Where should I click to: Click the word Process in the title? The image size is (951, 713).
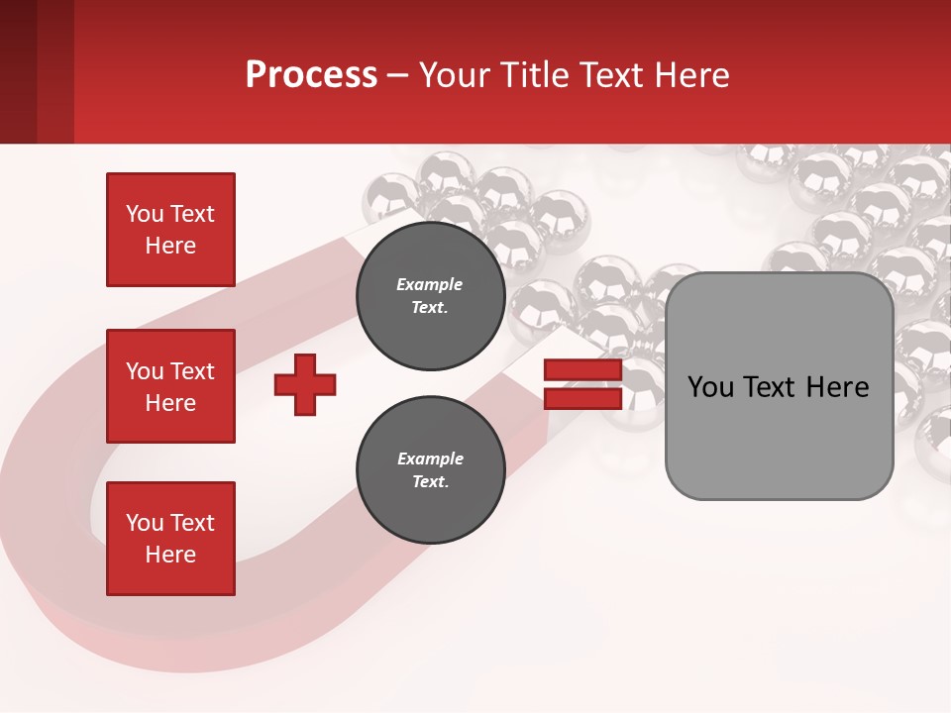[311, 75]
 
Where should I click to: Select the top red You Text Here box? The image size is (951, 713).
[170, 230]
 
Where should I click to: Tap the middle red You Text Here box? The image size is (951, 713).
[170, 386]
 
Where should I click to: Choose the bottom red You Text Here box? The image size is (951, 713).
[170, 539]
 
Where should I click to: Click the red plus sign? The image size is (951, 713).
[305, 384]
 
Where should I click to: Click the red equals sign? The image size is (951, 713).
[582, 385]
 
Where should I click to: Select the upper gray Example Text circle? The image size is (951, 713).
[431, 296]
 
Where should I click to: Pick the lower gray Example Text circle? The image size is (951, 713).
[431, 470]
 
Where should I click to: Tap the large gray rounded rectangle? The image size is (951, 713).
[779, 386]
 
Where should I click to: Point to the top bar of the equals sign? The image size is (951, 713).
[582, 371]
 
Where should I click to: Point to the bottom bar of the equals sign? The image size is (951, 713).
[582, 399]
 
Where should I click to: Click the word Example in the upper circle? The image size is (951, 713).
[430, 284]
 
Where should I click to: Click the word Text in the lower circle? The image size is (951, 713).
[430, 482]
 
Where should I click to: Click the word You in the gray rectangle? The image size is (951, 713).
[711, 387]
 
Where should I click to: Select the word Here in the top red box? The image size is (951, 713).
[170, 246]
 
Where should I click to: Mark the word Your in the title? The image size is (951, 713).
[452, 75]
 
